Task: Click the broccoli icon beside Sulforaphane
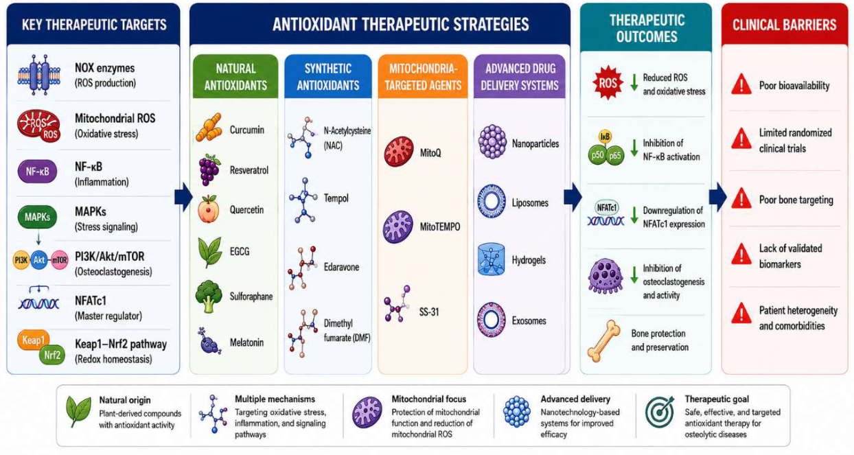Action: pyautogui.click(x=209, y=296)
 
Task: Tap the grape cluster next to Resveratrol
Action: pyautogui.click(x=209, y=170)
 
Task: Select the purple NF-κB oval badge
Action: pyautogui.click(x=37, y=172)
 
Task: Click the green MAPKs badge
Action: pyautogui.click(x=37, y=217)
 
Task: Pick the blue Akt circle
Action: pyautogui.click(x=39, y=260)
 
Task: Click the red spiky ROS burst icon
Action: pyautogui.click(x=608, y=82)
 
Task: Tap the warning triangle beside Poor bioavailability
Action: pyautogui.click(x=741, y=84)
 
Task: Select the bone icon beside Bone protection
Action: pyautogui.click(x=604, y=340)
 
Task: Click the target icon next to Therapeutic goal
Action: pyautogui.click(x=660, y=412)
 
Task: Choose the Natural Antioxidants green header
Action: pyautogui.click(x=235, y=77)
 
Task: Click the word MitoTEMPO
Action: pyautogui.click(x=440, y=226)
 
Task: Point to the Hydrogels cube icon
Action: pyautogui.click(x=491, y=259)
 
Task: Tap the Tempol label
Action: pyautogui.click(x=336, y=198)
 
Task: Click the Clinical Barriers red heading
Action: pyautogui.click(x=784, y=25)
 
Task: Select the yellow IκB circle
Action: pyautogui.click(x=605, y=137)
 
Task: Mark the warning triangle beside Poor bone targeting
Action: pyautogui.click(x=741, y=198)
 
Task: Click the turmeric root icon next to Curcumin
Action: pyautogui.click(x=209, y=127)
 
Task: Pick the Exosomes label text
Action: pyautogui.click(x=529, y=321)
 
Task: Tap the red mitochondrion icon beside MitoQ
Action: pyautogui.click(x=398, y=152)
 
